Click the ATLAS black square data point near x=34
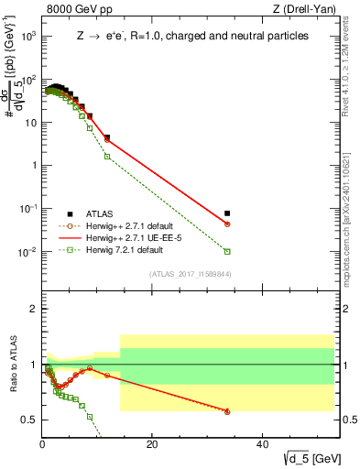click(227, 213)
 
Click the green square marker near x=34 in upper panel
click(227, 251)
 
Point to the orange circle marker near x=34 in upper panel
click(227, 224)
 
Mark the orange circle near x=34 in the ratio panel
click(227, 411)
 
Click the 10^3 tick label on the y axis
click(27, 36)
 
